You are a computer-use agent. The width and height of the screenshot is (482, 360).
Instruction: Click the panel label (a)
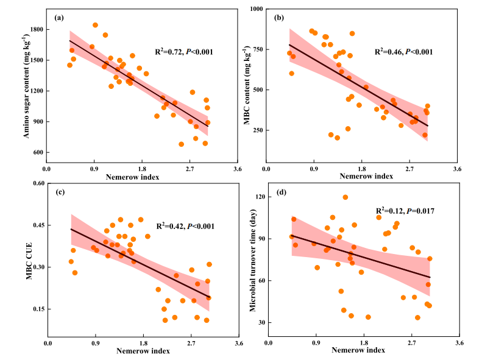pos(59,18)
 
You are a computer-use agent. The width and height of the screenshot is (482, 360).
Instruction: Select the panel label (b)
pos(280,18)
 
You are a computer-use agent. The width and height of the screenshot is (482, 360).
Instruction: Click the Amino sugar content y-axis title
pos(27,86)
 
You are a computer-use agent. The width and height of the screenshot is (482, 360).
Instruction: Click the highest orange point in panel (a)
pos(95,25)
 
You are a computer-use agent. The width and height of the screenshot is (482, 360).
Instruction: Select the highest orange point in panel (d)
pos(346,197)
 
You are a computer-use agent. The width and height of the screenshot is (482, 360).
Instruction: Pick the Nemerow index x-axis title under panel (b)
pos(364,177)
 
